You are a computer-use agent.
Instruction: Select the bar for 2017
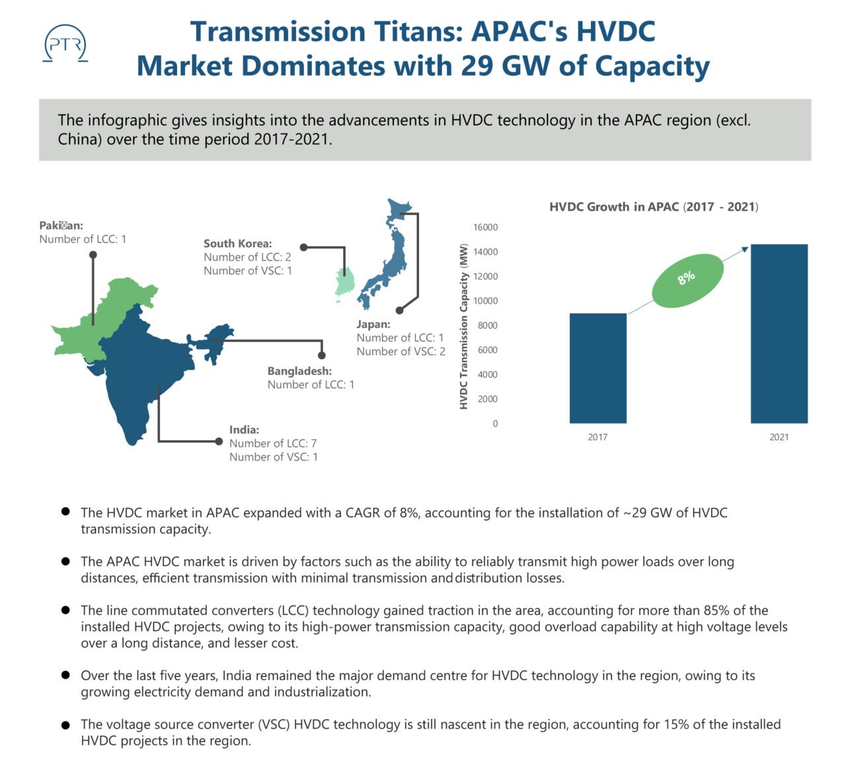coord(597,368)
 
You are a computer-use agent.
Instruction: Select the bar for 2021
coord(779,334)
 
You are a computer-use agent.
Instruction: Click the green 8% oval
coord(687,280)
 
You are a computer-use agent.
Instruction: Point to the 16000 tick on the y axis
coord(485,227)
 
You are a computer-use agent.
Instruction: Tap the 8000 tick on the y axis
coord(487,325)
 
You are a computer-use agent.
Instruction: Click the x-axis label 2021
coord(779,437)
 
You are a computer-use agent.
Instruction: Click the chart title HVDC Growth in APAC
coord(653,207)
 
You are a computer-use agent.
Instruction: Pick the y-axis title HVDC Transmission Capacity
coord(463,327)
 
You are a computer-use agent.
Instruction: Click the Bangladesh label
coord(299,372)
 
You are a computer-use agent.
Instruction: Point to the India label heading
coord(244,430)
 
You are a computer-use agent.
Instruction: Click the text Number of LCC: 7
coord(273,444)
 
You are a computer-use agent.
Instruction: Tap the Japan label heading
coord(373,324)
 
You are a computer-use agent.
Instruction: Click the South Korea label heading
coord(237,243)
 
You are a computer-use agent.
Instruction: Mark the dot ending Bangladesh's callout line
coord(322,355)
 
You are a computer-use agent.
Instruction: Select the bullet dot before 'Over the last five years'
coord(65,675)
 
